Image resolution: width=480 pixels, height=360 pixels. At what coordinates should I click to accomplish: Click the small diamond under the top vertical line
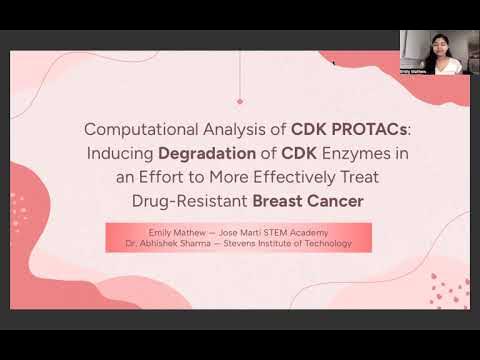(240, 101)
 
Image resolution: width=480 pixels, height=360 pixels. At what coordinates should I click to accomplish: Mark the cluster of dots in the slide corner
(447, 290)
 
